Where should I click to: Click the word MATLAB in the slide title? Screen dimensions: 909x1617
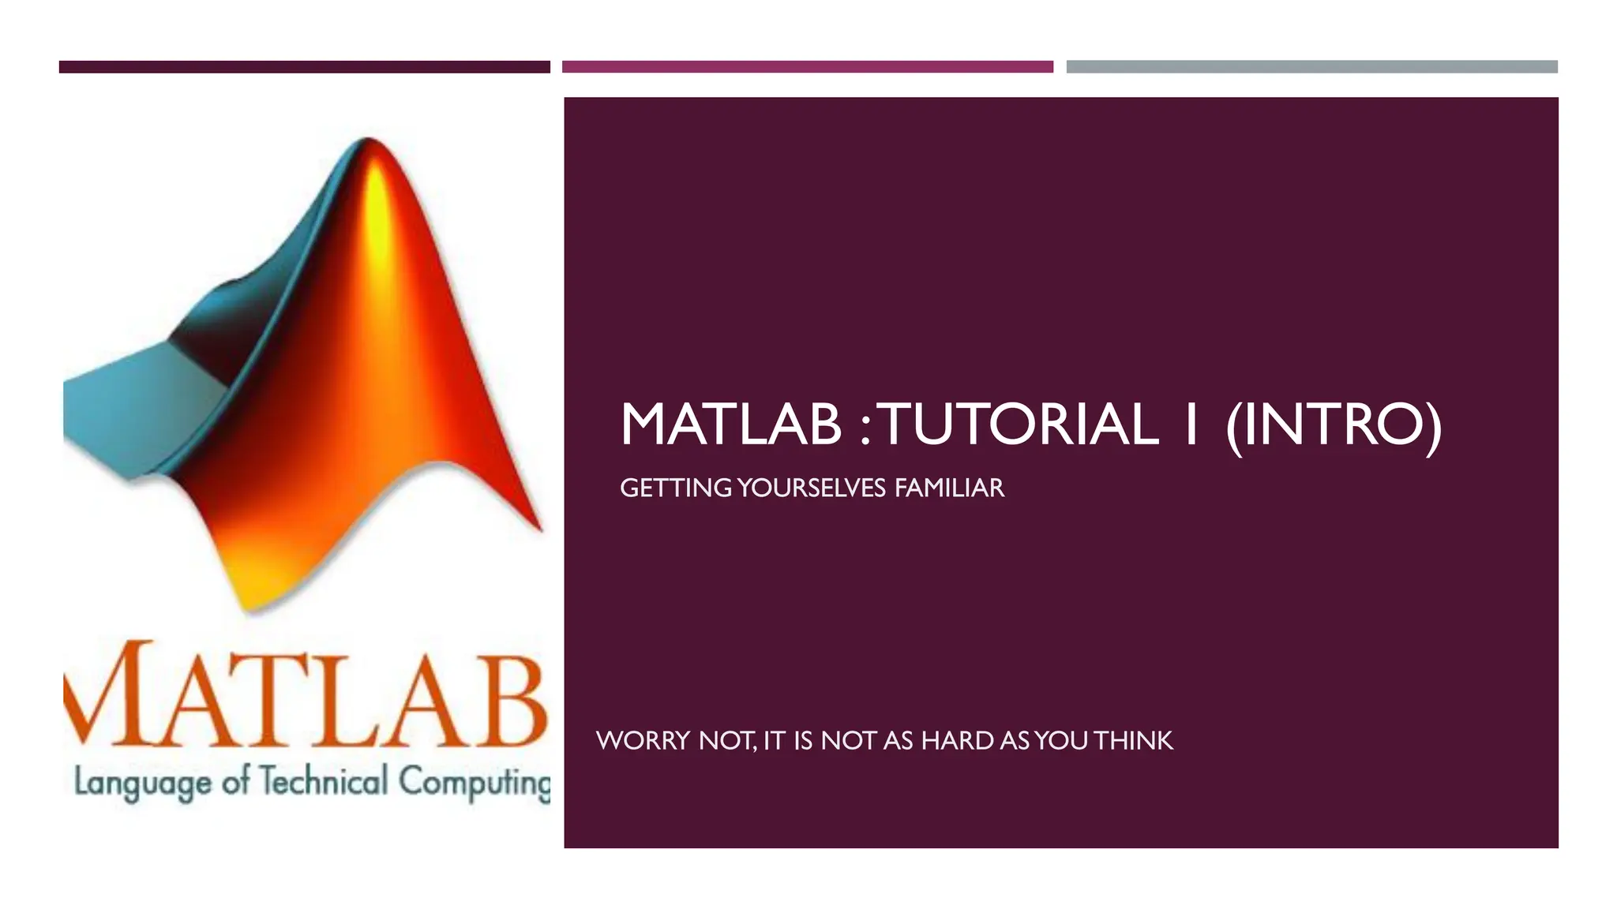coord(730,425)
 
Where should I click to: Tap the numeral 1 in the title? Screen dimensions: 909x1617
coord(1191,425)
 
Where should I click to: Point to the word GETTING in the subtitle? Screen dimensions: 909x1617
coord(676,488)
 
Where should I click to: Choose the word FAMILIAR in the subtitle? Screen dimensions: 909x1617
coord(949,488)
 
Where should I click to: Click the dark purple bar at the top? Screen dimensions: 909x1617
coord(304,67)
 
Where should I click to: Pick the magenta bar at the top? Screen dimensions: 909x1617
coord(807,67)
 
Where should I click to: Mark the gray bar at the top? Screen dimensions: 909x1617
coord(1311,67)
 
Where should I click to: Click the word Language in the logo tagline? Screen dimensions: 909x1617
coord(143,783)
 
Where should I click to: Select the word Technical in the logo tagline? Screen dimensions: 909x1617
coord(324,781)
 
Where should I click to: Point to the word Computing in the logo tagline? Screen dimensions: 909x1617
coord(474,783)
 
